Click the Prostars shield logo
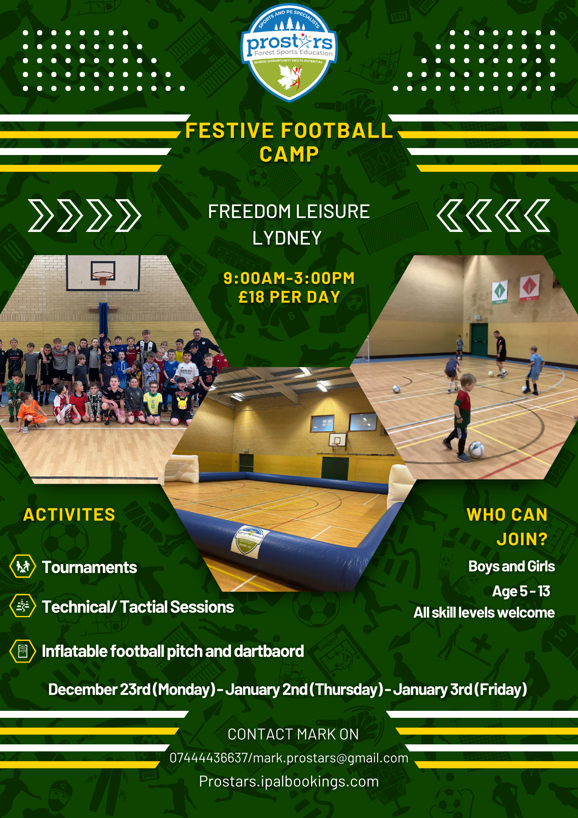pos(289,52)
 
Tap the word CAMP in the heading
pos(289,155)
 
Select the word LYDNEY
pos(287,238)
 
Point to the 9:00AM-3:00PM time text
pos(289,278)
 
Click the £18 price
pos(251,297)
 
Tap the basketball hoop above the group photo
pos(103,277)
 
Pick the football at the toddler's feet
pos(476,449)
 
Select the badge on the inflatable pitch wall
pos(248,542)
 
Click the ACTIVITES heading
pos(69,515)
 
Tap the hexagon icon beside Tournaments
pos(22,566)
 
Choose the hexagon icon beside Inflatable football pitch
pos(22,651)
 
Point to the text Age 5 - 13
pos(521,591)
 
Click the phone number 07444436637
pos(208,758)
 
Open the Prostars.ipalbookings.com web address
pos(289,782)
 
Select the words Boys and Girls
pos(512,566)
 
